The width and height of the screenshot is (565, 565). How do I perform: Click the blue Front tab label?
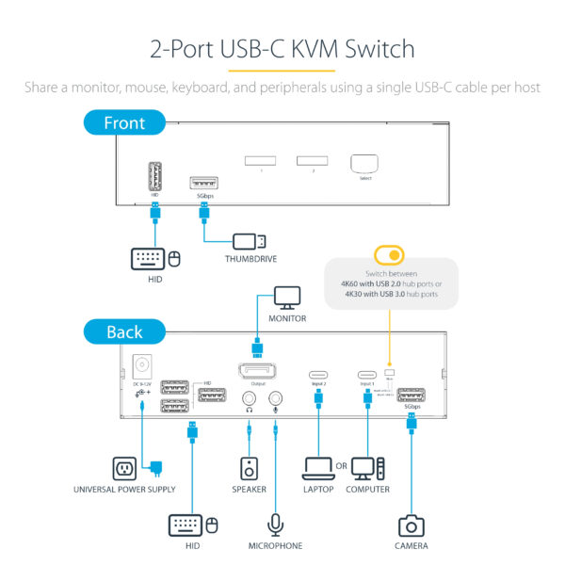124,122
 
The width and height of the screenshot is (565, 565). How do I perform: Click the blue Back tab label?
124,331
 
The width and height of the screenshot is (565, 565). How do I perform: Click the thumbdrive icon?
250,241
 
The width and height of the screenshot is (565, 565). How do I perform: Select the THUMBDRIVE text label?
250,259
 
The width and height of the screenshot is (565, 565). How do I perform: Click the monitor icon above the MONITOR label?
287,298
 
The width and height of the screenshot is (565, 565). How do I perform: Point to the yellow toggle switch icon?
387,255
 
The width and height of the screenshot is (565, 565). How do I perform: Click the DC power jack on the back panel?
143,365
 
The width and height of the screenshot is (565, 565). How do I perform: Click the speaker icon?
250,468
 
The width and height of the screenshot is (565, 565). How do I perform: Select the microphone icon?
276,524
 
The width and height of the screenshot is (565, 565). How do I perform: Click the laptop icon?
317,468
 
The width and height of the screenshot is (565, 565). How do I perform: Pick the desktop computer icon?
367,468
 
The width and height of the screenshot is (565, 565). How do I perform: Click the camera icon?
412,525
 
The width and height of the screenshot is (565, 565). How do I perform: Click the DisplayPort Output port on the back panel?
258,369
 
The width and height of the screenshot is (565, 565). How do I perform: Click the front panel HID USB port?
156,178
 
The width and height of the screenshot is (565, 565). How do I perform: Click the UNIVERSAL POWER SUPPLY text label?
124,490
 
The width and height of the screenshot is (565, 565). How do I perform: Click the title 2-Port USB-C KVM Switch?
282,48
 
